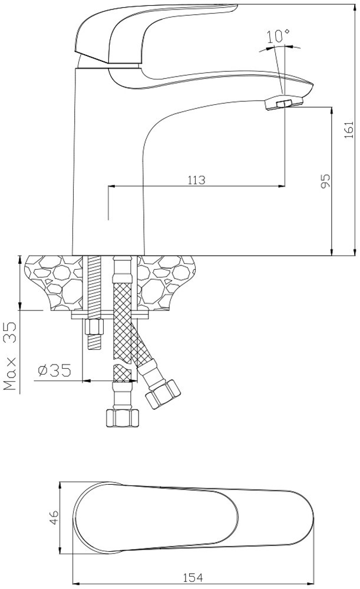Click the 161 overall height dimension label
(349, 130)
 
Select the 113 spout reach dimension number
(197, 180)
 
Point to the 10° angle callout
(278, 37)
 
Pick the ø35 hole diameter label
(54, 370)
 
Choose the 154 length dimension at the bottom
(193, 576)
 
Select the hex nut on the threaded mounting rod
(94, 327)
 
